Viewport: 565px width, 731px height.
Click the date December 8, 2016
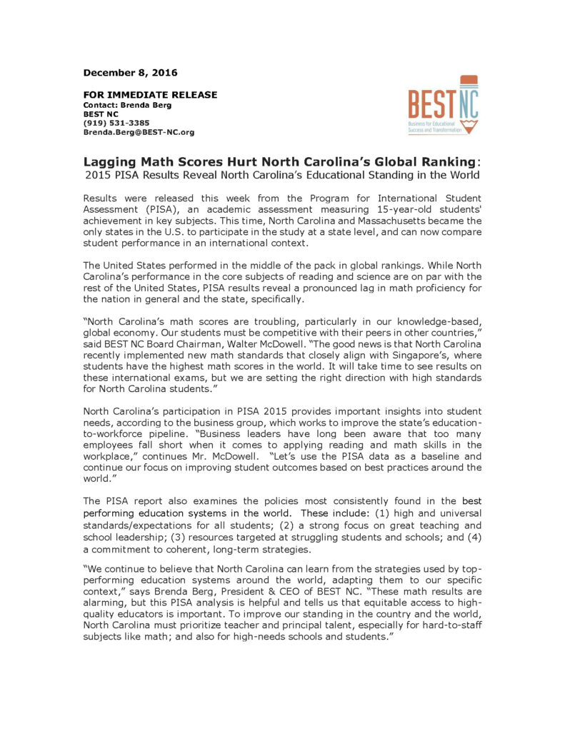(x=130, y=73)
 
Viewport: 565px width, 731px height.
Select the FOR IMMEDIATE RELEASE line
(x=150, y=95)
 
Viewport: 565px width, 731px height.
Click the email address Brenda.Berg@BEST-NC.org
(x=139, y=132)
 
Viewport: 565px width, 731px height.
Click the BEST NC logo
(x=443, y=105)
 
